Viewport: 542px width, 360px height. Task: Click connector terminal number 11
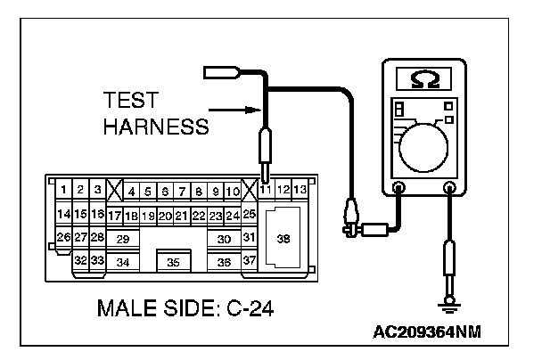pos(266,190)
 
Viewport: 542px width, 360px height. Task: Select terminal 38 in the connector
pos(283,239)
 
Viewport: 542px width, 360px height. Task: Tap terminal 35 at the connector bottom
pos(173,262)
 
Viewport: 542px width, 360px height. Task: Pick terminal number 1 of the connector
pos(63,189)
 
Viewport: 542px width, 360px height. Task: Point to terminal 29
pos(123,239)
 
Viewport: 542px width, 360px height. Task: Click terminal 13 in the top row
pos(300,189)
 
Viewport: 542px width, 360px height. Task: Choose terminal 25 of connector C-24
pos(249,214)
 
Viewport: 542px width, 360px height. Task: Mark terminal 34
pos(123,262)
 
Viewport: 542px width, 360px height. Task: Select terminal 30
pos(224,239)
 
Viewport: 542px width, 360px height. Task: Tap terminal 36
pos(224,262)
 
